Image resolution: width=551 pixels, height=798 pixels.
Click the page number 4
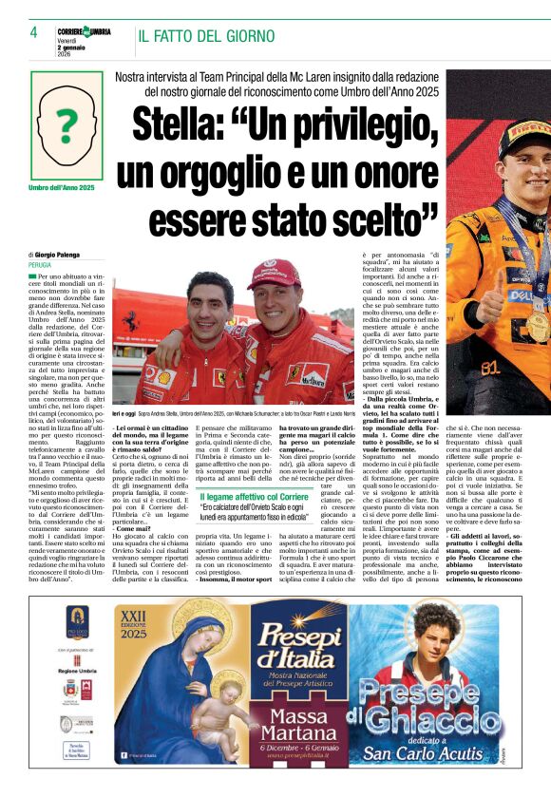[33, 32]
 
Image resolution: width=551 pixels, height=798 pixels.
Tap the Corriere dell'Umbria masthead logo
[84, 32]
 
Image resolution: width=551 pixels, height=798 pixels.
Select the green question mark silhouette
[66, 123]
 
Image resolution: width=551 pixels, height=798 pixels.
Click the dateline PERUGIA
[43, 265]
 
